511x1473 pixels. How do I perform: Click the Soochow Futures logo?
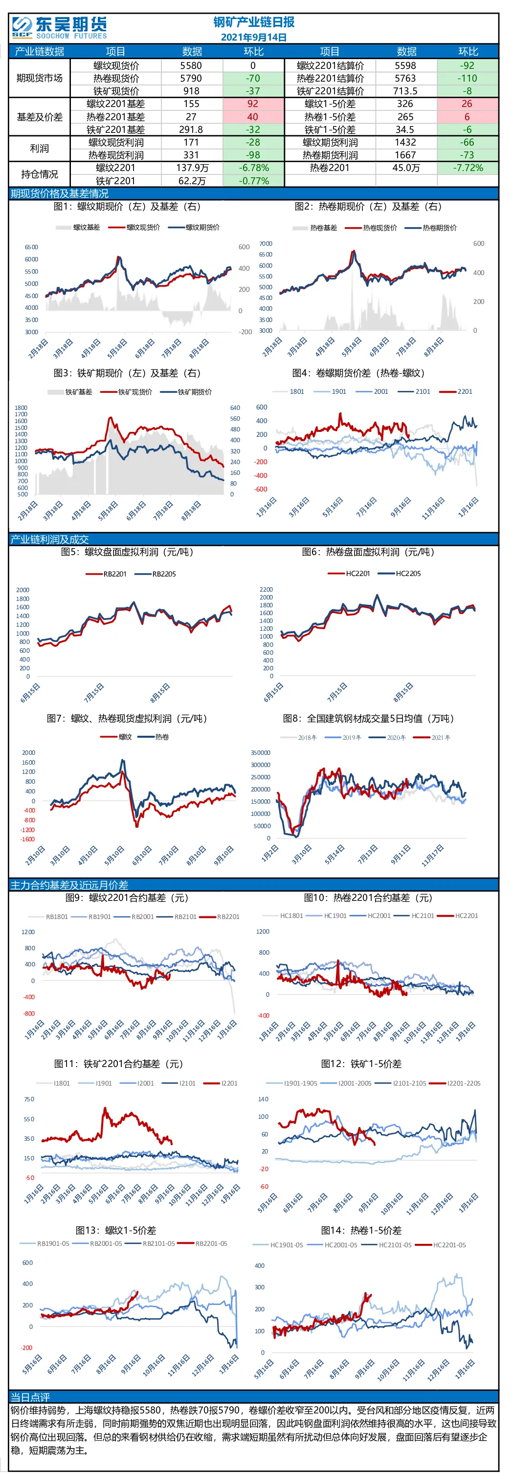[x=60, y=27]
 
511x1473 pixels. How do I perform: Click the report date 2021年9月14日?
[x=253, y=37]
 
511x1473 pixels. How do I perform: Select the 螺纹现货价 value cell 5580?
[x=191, y=66]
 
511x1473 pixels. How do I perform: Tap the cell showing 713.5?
[x=406, y=91]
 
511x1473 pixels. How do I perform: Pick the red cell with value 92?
[x=253, y=104]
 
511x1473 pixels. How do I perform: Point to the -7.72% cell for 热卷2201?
[x=467, y=168]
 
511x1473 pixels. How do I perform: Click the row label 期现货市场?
[x=39, y=78]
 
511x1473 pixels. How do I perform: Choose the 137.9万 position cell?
[x=192, y=168]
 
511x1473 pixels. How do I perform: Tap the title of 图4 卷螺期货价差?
[x=359, y=373]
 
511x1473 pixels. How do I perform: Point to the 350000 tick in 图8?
[x=260, y=752]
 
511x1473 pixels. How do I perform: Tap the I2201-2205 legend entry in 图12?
[x=455, y=1083]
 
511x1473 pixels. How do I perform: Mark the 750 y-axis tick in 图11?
[x=29, y=1099]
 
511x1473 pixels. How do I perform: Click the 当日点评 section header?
[x=30, y=1396]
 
